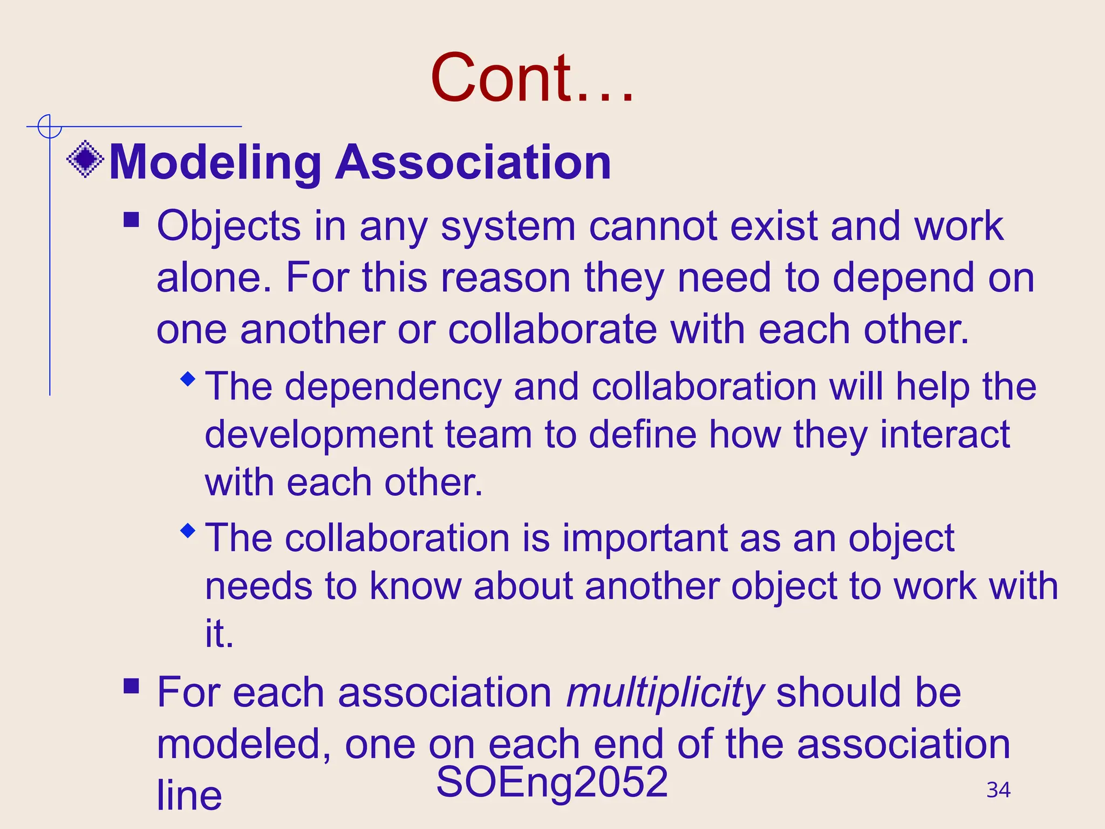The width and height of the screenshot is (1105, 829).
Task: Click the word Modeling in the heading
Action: tap(215, 162)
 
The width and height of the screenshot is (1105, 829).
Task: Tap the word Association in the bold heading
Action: tap(473, 162)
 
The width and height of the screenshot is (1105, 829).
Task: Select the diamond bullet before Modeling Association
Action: tap(85, 159)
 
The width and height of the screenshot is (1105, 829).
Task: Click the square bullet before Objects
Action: tap(131, 220)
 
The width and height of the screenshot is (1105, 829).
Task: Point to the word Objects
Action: tap(228, 227)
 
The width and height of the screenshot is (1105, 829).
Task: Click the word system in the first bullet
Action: tap(508, 227)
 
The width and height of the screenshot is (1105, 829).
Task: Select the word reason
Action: tap(505, 278)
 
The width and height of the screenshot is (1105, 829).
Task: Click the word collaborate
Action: tap(552, 329)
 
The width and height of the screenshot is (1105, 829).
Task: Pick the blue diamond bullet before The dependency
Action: tap(188, 379)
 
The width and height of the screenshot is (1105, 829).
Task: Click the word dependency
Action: tap(393, 388)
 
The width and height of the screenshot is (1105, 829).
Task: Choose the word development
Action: tap(319, 435)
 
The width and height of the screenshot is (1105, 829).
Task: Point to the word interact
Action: tap(945, 435)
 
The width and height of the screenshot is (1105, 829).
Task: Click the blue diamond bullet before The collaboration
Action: tap(188, 531)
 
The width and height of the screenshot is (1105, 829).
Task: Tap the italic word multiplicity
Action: tap(665, 693)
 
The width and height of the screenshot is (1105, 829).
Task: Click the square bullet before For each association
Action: tap(131, 686)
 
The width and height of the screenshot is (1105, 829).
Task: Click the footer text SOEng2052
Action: tap(552, 782)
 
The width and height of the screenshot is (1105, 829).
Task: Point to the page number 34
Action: tap(998, 790)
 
